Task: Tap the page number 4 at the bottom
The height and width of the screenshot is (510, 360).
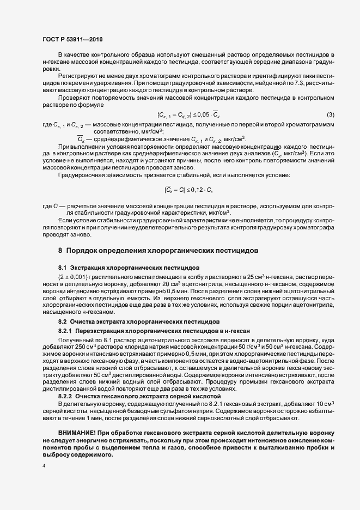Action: tap(44, 466)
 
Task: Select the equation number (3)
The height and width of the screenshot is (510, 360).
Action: tap(330, 114)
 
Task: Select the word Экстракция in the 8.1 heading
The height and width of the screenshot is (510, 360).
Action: tap(88, 268)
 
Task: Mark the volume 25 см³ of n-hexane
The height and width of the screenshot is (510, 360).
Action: tap(254, 277)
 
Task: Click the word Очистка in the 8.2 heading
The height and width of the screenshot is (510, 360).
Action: tap(82, 322)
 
